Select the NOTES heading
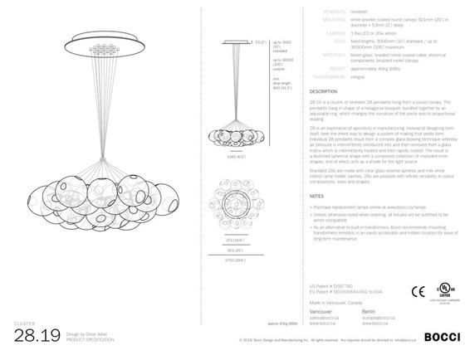[x=316, y=196]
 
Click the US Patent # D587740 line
[x=329, y=285]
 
